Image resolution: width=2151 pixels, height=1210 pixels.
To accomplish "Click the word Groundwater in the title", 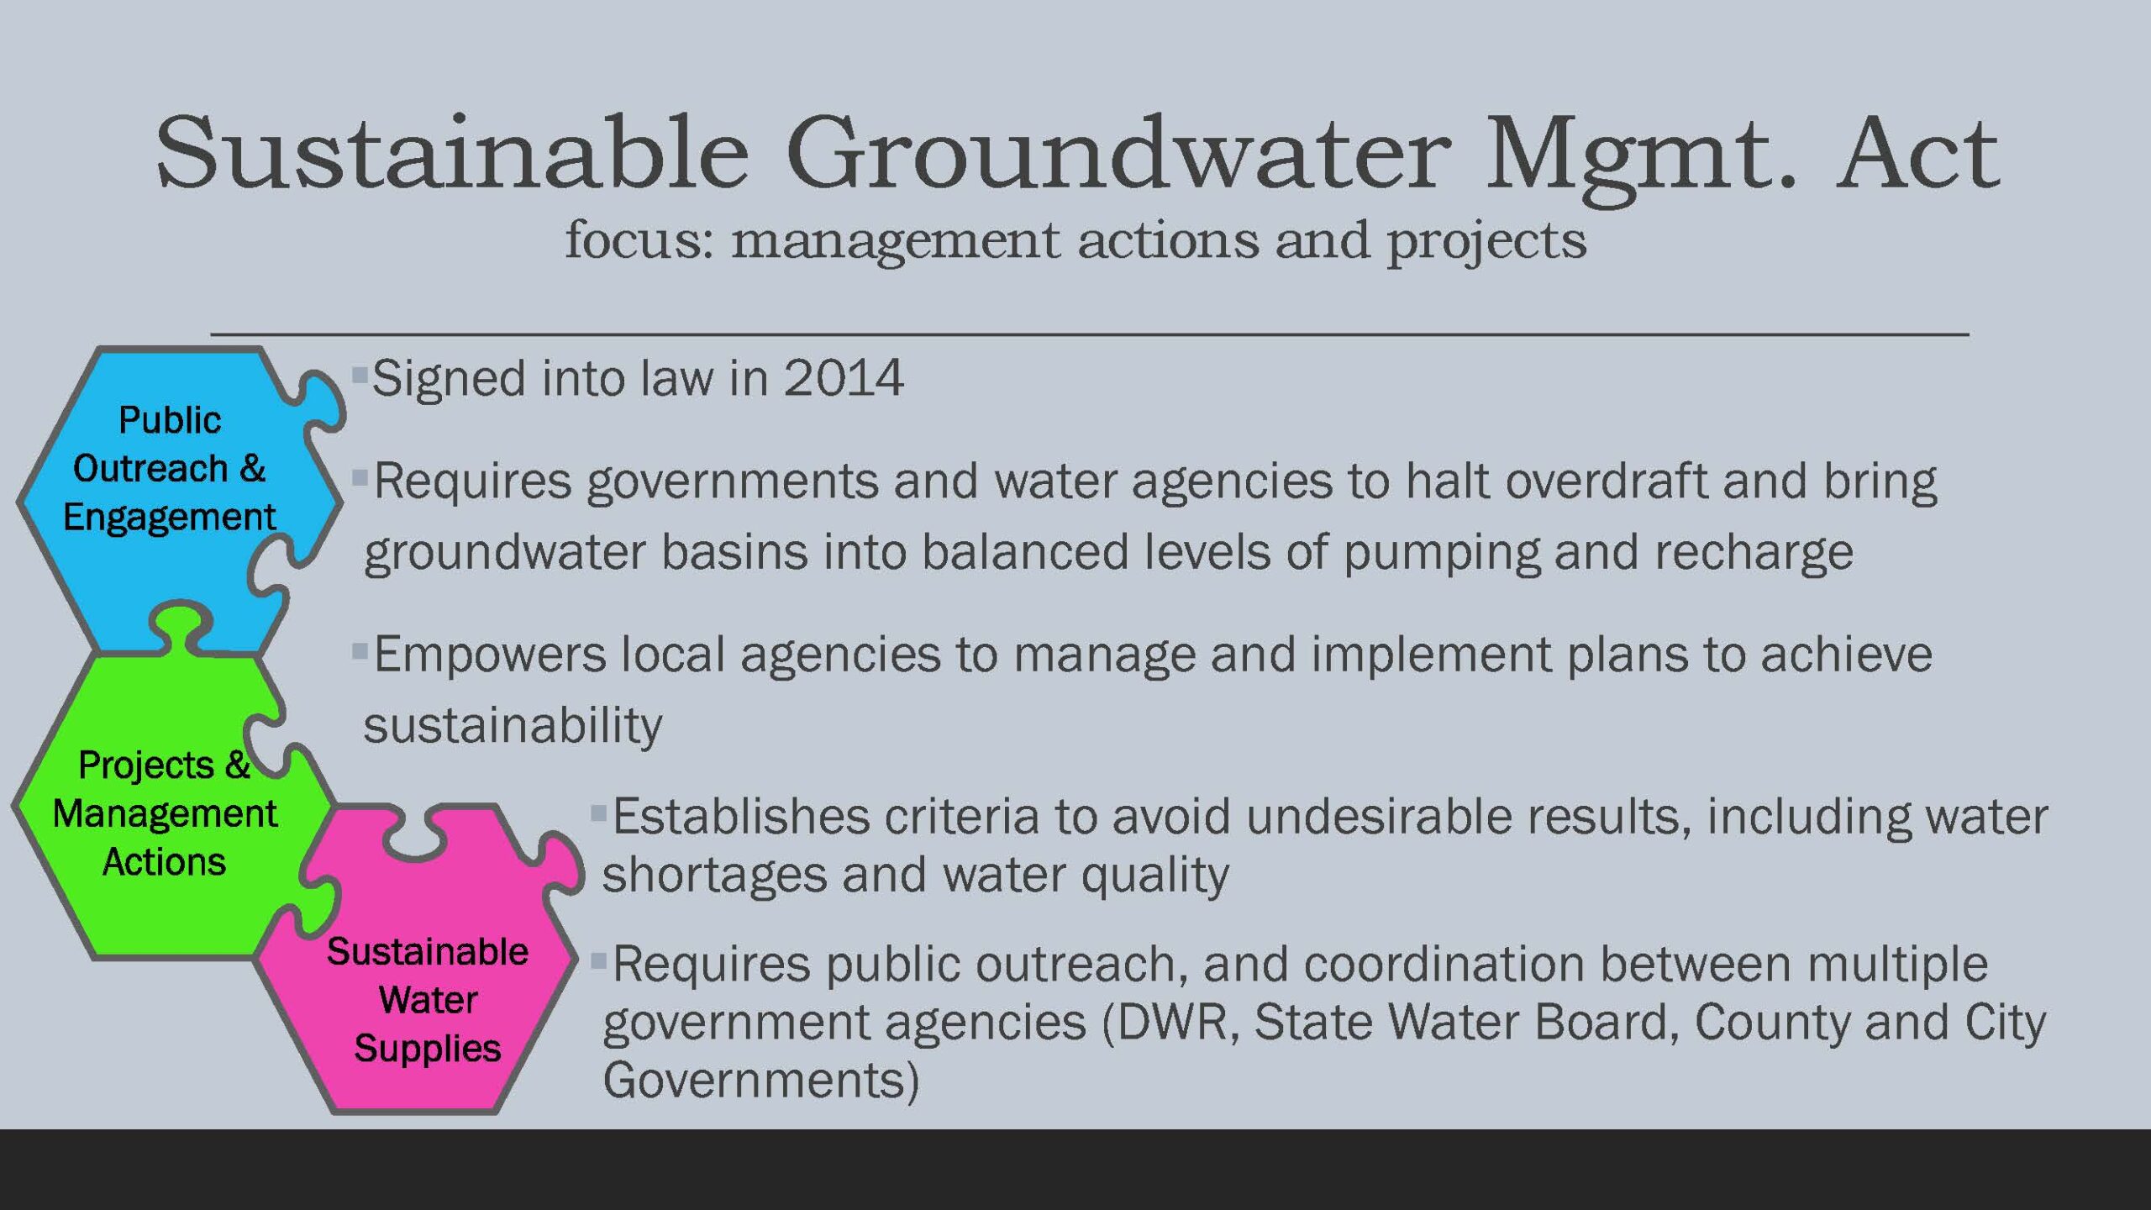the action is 1118,153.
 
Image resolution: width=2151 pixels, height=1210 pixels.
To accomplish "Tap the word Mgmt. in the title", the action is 1642,160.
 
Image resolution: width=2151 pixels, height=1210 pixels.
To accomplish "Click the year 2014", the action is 844,377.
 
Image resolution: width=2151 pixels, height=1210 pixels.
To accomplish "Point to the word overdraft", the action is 1606,481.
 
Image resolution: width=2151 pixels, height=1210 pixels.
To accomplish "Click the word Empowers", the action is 489,655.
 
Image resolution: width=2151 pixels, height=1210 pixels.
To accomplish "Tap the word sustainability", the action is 513,725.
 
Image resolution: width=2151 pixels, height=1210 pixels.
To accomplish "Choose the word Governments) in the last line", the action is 761,1080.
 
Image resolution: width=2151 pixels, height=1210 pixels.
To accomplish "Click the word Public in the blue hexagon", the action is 170,419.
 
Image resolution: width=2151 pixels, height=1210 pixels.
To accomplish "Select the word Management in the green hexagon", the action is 165,814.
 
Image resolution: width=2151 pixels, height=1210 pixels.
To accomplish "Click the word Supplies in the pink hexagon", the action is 428,1050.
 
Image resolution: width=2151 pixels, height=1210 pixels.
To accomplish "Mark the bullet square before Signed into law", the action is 360,374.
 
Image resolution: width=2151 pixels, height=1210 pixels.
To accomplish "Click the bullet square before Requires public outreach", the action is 598,959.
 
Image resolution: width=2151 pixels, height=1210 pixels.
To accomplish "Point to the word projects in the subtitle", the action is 1486,242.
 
